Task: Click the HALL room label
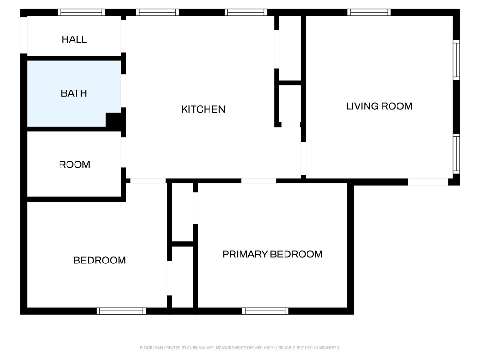pos(74,39)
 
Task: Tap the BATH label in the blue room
pos(74,93)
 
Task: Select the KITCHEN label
pos(203,109)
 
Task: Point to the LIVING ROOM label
pos(379,106)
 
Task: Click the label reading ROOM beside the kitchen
pos(75,165)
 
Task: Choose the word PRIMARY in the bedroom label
pos(245,254)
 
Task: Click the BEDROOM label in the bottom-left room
pos(99,260)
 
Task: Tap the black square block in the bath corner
pos(114,120)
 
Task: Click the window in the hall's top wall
pos(82,13)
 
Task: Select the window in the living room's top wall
pos(369,13)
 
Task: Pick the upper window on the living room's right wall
pos(456,60)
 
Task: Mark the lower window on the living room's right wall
pos(456,154)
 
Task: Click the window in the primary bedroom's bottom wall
pos(265,311)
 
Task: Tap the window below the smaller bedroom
pos(121,311)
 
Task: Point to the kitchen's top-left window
pos(157,13)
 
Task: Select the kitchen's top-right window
pos(246,13)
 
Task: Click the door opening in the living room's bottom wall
pos(428,182)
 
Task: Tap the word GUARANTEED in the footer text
pos(328,348)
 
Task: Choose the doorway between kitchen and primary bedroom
pos(259,181)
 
